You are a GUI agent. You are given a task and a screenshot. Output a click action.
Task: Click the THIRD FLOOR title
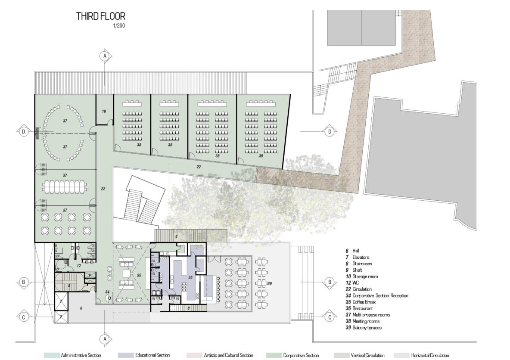pos(100,16)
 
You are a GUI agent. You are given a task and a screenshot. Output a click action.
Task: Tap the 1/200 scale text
pos(119,26)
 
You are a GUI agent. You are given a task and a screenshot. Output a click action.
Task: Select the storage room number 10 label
pos(104,111)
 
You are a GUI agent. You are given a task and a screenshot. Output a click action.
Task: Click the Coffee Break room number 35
pos(139,275)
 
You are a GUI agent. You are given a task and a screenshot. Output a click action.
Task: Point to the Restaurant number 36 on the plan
pos(190,277)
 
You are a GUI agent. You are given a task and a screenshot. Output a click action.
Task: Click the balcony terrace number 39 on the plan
pos(270,284)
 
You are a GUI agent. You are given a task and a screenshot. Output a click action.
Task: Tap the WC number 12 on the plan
pos(79,266)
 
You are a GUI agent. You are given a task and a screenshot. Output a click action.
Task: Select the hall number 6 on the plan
pos(81,308)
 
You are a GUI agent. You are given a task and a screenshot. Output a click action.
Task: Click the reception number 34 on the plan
pos(107,292)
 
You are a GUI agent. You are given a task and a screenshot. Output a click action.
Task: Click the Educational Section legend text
pos(152,355)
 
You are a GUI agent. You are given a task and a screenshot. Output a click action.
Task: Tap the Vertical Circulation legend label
pos(367,355)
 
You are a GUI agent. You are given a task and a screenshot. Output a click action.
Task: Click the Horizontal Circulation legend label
pos(430,355)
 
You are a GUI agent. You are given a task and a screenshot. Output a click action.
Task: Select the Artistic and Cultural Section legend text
pos(228,355)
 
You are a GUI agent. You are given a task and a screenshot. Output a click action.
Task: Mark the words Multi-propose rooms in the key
pos(371,315)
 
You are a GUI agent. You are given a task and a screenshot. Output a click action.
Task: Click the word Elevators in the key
pos(361,257)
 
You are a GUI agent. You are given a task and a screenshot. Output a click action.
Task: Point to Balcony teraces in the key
pos(367,328)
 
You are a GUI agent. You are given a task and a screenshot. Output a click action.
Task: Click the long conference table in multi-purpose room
pos(65,186)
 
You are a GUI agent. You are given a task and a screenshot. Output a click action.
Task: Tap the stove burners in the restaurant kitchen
pos(184,287)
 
